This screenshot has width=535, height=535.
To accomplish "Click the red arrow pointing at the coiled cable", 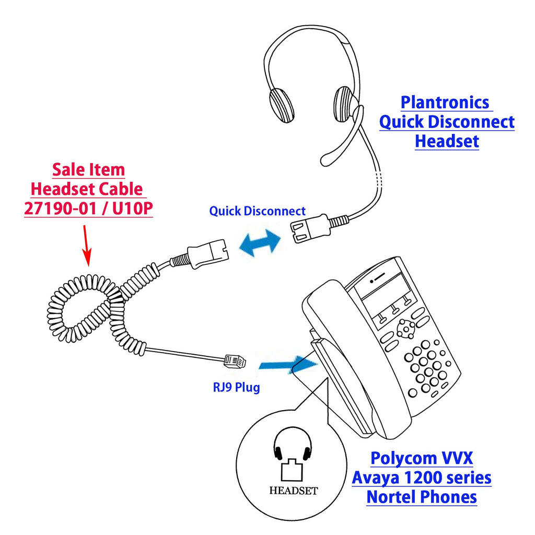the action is [86, 245].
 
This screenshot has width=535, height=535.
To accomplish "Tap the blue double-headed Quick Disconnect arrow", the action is [260, 242].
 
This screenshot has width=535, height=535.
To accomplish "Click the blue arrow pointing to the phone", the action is [288, 364].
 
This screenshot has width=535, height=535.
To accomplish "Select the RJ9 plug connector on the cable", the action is [235, 361].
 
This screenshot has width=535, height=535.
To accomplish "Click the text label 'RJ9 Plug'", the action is [236, 388].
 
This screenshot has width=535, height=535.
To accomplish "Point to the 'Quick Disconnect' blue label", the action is [257, 211].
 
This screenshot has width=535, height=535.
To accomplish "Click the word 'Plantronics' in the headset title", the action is [445, 102].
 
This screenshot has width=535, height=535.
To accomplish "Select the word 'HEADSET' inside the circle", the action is [294, 491].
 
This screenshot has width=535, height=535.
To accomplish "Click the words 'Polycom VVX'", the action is [422, 458].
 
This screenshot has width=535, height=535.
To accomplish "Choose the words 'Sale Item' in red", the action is [88, 170].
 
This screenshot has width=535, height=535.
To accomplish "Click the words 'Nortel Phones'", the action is [422, 497].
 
